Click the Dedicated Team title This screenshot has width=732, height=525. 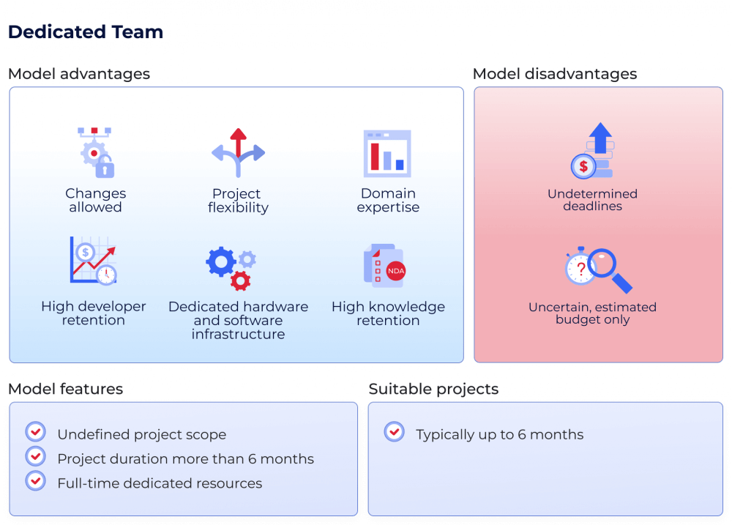(x=86, y=32)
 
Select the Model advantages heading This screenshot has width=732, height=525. (x=79, y=74)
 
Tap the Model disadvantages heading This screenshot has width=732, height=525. (x=555, y=74)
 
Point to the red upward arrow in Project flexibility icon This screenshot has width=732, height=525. (x=238, y=141)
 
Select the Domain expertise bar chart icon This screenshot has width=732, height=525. (x=387, y=153)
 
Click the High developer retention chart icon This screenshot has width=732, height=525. (x=93, y=261)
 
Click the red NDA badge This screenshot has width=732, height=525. (x=395, y=271)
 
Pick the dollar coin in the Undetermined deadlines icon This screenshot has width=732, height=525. (x=583, y=166)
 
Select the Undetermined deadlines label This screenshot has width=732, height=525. (x=592, y=200)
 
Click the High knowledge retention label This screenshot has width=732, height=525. (x=388, y=313)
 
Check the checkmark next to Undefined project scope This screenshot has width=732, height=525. (x=35, y=432)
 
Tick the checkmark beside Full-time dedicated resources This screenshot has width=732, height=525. (x=35, y=481)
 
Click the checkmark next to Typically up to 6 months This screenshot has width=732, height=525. (x=394, y=432)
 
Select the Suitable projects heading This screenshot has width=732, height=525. (x=433, y=389)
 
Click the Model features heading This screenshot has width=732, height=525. (x=65, y=389)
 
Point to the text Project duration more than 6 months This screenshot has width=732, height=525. (x=185, y=459)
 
